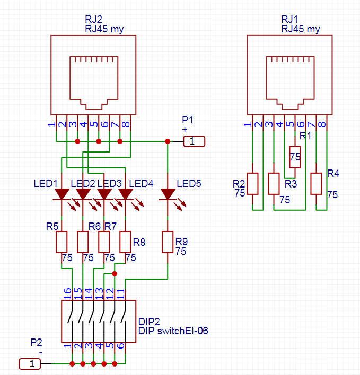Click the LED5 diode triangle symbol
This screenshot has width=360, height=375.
pyautogui.click(x=168, y=194)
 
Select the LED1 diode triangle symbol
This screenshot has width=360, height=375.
pyautogui.click(x=62, y=194)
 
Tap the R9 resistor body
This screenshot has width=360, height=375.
pyautogui.click(x=168, y=242)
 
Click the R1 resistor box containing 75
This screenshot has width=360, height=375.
pyautogui.click(x=295, y=157)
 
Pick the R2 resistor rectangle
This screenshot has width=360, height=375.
pyautogui.click(x=252, y=184)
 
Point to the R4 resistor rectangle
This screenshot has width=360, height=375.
pyautogui.click(x=316, y=184)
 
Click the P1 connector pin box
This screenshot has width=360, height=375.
pyautogui.click(x=194, y=141)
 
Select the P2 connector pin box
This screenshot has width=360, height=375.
pyautogui.click(x=30, y=364)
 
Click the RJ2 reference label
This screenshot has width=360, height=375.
pyautogui.click(x=94, y=19)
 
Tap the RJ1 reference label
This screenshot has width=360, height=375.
pyautogui.click(x=289, y=19)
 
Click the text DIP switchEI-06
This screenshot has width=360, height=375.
pyautogui.click(x=173, y=331)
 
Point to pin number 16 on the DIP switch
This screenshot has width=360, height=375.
pyautogui.click(x=67, y=293)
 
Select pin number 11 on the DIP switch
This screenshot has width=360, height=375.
pyautogui.click(x=121, y=294)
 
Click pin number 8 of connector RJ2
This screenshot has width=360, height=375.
pyautogui.click(x=126, y=124)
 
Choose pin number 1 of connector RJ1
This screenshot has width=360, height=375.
pyautogui.click(x=248, y=124)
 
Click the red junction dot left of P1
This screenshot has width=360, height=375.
pyautogui.click(x=168, y=141)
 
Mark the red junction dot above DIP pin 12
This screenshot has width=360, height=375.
pyautogui.click(x=115, y=274)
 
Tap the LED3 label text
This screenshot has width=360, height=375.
pyautogui.click(x=109, y=183)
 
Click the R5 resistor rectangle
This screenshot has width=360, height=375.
pyautogui.click(x=62, y=242)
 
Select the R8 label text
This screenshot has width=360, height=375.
pyautogui.click(x=139, y=242)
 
